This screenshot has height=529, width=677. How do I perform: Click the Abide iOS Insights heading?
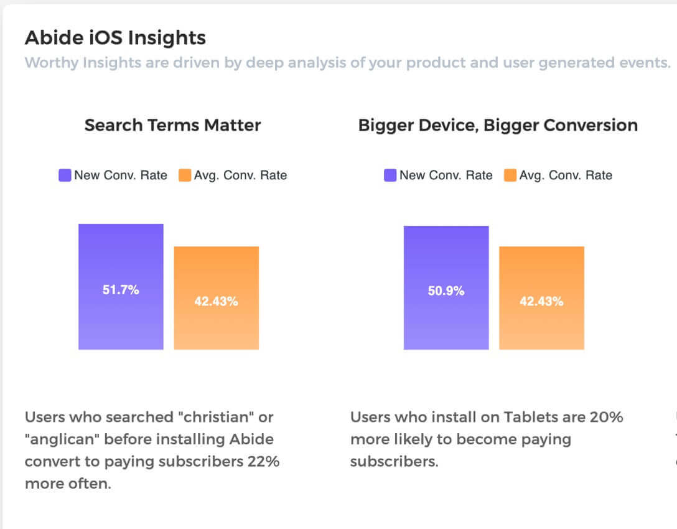[115, 38]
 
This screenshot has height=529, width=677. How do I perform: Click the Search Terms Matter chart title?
[172, 125]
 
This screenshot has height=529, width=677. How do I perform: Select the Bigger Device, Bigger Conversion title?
[498, 125]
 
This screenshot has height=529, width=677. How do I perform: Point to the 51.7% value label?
[121, 290]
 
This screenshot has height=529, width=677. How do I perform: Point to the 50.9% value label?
[446, 291]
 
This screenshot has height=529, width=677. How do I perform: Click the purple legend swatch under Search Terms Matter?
[65, 176]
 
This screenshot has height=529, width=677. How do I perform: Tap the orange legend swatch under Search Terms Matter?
[185, 176]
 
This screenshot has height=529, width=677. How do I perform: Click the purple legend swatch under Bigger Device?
[390, 176]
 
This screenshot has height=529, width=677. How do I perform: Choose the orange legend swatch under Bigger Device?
[510, 176]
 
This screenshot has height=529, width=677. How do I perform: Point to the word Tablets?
[530, 417]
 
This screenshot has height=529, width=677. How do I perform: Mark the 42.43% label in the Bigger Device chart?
[542, 302]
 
